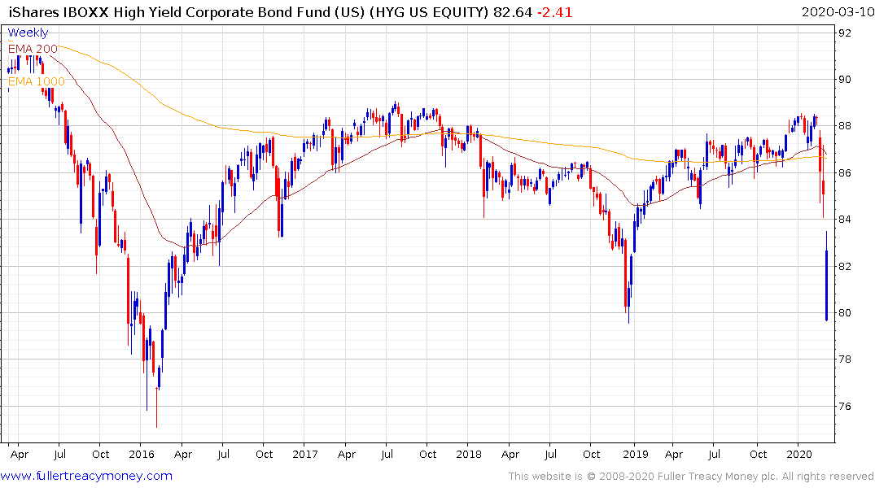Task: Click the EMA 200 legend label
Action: click(33, 49)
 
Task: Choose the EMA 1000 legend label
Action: click(37, 81)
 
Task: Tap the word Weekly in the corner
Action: click(28, 33)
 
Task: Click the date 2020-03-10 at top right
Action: click(835, 12)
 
